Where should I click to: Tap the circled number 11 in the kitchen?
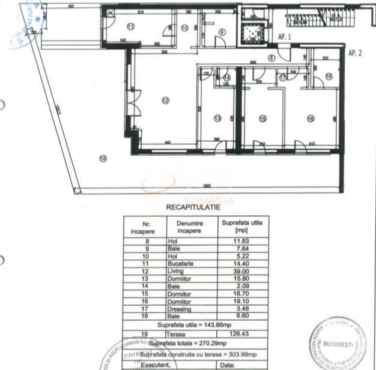click(x=130, y=25)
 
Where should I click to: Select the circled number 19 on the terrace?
click(x=103, y=159)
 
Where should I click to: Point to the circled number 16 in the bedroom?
click(x=310, y=119)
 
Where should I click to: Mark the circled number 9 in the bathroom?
click(x=222, y=32)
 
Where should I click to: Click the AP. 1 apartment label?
click(x=285, y=36)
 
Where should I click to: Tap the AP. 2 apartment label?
click(x=355, y=53)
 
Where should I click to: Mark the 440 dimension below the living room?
click(x=168, y=143)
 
